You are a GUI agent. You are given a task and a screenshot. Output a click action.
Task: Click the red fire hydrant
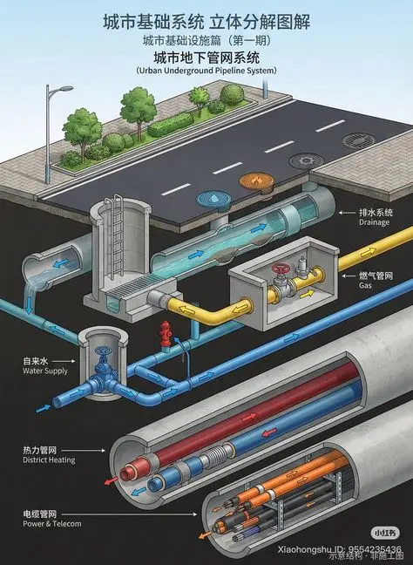click(166, 335)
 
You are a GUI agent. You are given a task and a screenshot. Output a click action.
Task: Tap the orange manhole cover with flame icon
click(257, 180)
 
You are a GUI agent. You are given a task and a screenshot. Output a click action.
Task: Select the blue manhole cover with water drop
click(213, 198)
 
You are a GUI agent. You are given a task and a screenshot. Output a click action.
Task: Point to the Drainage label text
click(374, 222)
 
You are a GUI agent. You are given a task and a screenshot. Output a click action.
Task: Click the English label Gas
click(365, 285)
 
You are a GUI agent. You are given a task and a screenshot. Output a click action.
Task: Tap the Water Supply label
click(45, 371)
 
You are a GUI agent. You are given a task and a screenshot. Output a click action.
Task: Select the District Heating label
click(49, 459)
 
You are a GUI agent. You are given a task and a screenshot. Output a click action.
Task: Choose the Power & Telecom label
click(52, 523)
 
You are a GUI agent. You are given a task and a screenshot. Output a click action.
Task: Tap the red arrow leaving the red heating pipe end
click(112, 480)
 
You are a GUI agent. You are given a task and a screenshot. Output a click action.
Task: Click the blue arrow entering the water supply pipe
click(44, 409)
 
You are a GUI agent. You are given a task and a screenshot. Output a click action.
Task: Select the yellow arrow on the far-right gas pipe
click(368, 252)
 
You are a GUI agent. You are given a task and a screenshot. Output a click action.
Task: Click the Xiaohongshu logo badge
click(385, 533)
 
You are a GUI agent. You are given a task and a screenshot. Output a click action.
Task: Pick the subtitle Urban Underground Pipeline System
click(206, 71)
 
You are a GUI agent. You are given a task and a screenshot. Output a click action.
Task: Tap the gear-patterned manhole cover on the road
click(306, 160)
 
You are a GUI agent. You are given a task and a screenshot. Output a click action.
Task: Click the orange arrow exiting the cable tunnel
click(205, 536)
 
